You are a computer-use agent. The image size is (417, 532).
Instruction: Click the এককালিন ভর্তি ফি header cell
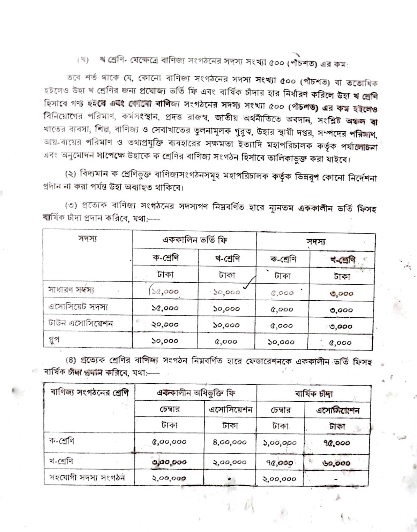pyautogui.click(x=195, y=240)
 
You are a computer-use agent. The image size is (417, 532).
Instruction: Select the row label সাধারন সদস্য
pyautogui.click(x=71, y=290)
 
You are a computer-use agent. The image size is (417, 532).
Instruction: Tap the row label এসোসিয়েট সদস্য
pyautogui.click(x=78, y=307)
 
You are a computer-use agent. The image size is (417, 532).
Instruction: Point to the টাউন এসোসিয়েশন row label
pyautogui.click(x=81, y=323)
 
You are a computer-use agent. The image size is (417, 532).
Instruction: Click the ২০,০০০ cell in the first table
pyautogui.click(x=165, y=324)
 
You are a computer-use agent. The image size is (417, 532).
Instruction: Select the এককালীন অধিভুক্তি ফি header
pyautogui.click(x=195, y=393)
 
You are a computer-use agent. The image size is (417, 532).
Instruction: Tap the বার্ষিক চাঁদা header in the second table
pyautogui.click(x=314, y=394)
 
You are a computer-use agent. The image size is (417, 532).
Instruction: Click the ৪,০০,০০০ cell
pyautogui.click(x=230, y=442)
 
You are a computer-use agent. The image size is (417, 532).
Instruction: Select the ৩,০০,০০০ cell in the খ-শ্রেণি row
pyautogui.click(x=169, y=462)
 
